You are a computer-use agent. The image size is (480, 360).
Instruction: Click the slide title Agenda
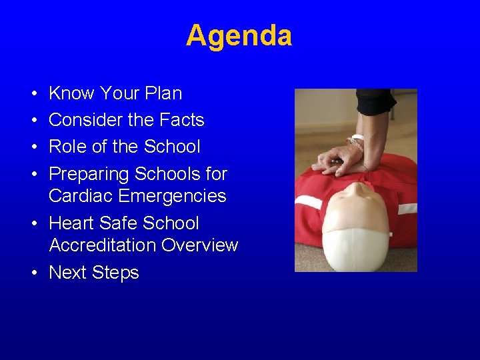click(239, 35)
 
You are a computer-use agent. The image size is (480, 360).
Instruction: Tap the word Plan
click(163, 93)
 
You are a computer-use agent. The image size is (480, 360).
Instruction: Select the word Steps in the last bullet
click(116, 273)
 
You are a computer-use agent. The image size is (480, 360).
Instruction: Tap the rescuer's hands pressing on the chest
click(340, 157)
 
